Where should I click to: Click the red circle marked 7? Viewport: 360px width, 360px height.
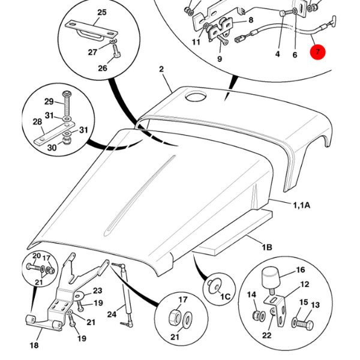[x=317, y=52]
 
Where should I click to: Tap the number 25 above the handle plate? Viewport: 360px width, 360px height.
[x=101, y=12]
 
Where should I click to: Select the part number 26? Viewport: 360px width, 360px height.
[x=103, y=68]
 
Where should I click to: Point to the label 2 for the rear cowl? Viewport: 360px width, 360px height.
[x=161, y=70]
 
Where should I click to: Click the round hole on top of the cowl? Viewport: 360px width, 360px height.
[x=195, y=97]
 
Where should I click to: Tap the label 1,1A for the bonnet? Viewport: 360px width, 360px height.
[x=302, y=205]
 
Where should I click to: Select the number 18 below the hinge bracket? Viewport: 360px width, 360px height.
[x=34, y=345]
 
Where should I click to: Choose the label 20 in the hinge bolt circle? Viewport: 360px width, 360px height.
[x=36, y=256]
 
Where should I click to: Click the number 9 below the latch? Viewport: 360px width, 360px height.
[x=219, y=59]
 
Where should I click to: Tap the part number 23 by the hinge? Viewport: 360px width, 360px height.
[x=97, y=290]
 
